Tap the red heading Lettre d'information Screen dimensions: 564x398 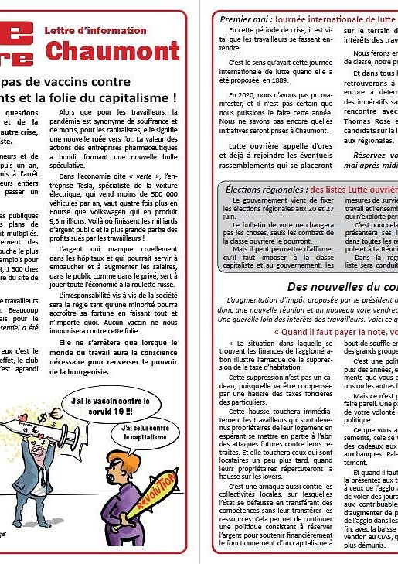(x=95, y=31)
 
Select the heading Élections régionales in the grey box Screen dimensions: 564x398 (x=265, y=189)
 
